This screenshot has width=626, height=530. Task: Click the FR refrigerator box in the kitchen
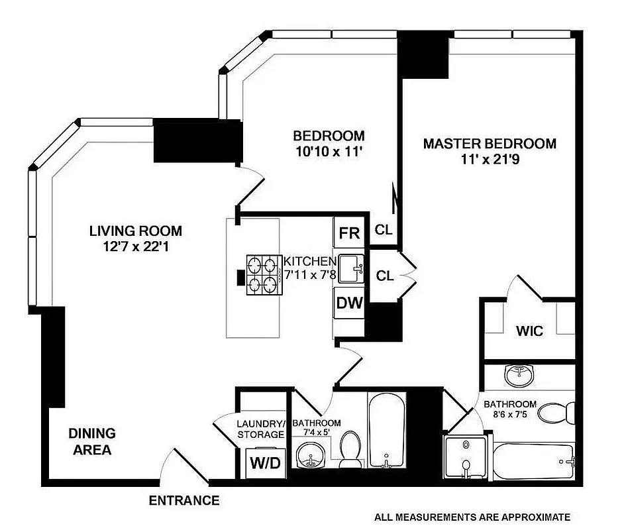tap(348, 233)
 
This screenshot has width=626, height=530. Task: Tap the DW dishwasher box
tap(348, 303)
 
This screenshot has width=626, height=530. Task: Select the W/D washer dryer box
tap(264, 462)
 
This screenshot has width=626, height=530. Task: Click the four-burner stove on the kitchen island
tap(264, 275)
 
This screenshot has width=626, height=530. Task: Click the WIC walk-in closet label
tap(529, 331)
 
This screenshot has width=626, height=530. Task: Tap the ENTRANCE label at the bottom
tap(183, 501)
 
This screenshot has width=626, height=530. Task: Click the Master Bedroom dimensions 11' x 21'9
tap(490, 160)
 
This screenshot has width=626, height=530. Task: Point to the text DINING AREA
tap(92, 442)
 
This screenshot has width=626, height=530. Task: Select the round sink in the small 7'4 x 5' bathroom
tap(309, 454)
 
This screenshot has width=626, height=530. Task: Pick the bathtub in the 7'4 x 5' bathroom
tap(384, 431)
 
